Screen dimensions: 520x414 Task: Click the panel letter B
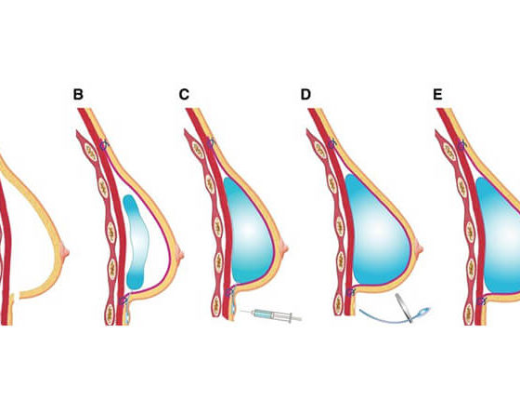[x=78, y=95]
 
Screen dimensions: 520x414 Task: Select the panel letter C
[x=184, y=95]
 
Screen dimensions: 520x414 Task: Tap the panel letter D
[x=305, y=95]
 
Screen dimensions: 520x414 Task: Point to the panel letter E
[x=437, y=95]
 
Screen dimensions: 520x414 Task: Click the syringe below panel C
[x=271, y=314]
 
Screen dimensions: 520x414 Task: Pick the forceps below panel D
[x=404, y=308]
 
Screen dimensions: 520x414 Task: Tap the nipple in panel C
[x=284, y=247]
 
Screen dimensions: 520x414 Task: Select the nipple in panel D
[x=420, y=248]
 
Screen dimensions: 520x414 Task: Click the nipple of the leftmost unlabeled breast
[x=65, y=250]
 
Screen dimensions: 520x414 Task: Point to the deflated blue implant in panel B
[x=136, y=242]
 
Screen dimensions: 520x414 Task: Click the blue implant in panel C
[x=248, y=230]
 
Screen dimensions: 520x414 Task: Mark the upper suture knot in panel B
[x=104, y=145]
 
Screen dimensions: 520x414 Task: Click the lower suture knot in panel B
[x=123, y=300]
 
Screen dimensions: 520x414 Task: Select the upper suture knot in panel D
[x=331, y=144]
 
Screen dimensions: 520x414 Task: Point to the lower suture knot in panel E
[x=481, y=301]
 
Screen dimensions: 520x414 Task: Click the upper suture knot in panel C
[x=210, y=143]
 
